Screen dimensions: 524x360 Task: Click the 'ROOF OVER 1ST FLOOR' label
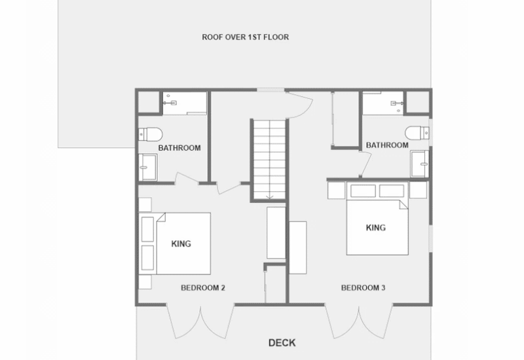[245, 37]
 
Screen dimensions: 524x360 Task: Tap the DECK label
[282, 343]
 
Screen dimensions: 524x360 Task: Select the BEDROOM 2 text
[203, 288]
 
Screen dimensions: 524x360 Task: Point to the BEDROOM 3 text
[363, 288]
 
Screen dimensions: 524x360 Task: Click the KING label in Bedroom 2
[181, 243]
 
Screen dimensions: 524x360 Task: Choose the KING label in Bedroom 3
[375, 228]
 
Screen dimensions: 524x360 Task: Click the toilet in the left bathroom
[151, 134]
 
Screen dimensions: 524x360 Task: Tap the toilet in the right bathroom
[417, 133]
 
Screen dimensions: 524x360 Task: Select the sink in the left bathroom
[148, 168]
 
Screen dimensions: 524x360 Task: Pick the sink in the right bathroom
[420, 164]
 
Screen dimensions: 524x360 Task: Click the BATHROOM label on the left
[179, 148]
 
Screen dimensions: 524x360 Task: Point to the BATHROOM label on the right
[387, 145]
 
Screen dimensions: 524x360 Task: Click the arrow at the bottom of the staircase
[270, 197]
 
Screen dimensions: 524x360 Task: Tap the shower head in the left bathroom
[170, 103]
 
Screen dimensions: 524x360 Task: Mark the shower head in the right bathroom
[397, 103]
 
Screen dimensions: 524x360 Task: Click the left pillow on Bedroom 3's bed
[363, 191]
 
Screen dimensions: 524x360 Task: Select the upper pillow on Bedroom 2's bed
[148, 229]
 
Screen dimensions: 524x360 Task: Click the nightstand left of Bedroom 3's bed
[336, 190]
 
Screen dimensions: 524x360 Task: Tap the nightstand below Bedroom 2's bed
[145, 282]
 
